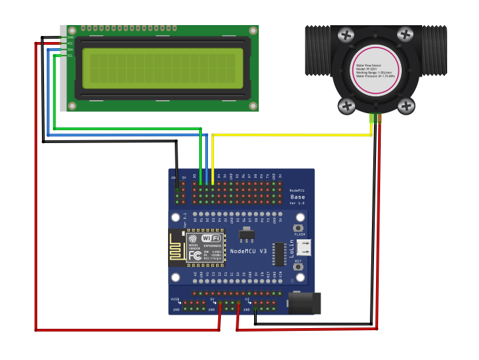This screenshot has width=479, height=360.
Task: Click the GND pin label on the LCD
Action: [70, 37]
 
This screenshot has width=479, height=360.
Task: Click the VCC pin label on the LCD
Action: [70, 43]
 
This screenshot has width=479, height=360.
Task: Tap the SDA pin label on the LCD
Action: [70, 49]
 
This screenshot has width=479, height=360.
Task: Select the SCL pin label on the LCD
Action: [70, 56]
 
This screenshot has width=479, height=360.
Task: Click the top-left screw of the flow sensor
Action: [346, 35]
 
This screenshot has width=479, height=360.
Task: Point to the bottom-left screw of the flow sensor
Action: [347, 105]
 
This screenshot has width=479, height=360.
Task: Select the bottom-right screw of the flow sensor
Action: [406, 105]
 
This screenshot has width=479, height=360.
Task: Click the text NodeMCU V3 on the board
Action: [249, 252]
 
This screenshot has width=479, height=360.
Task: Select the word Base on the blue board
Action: [297, 197]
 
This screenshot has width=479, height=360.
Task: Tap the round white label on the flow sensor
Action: [375, 69]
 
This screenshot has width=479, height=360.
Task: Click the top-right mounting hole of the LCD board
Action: [253, 31]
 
